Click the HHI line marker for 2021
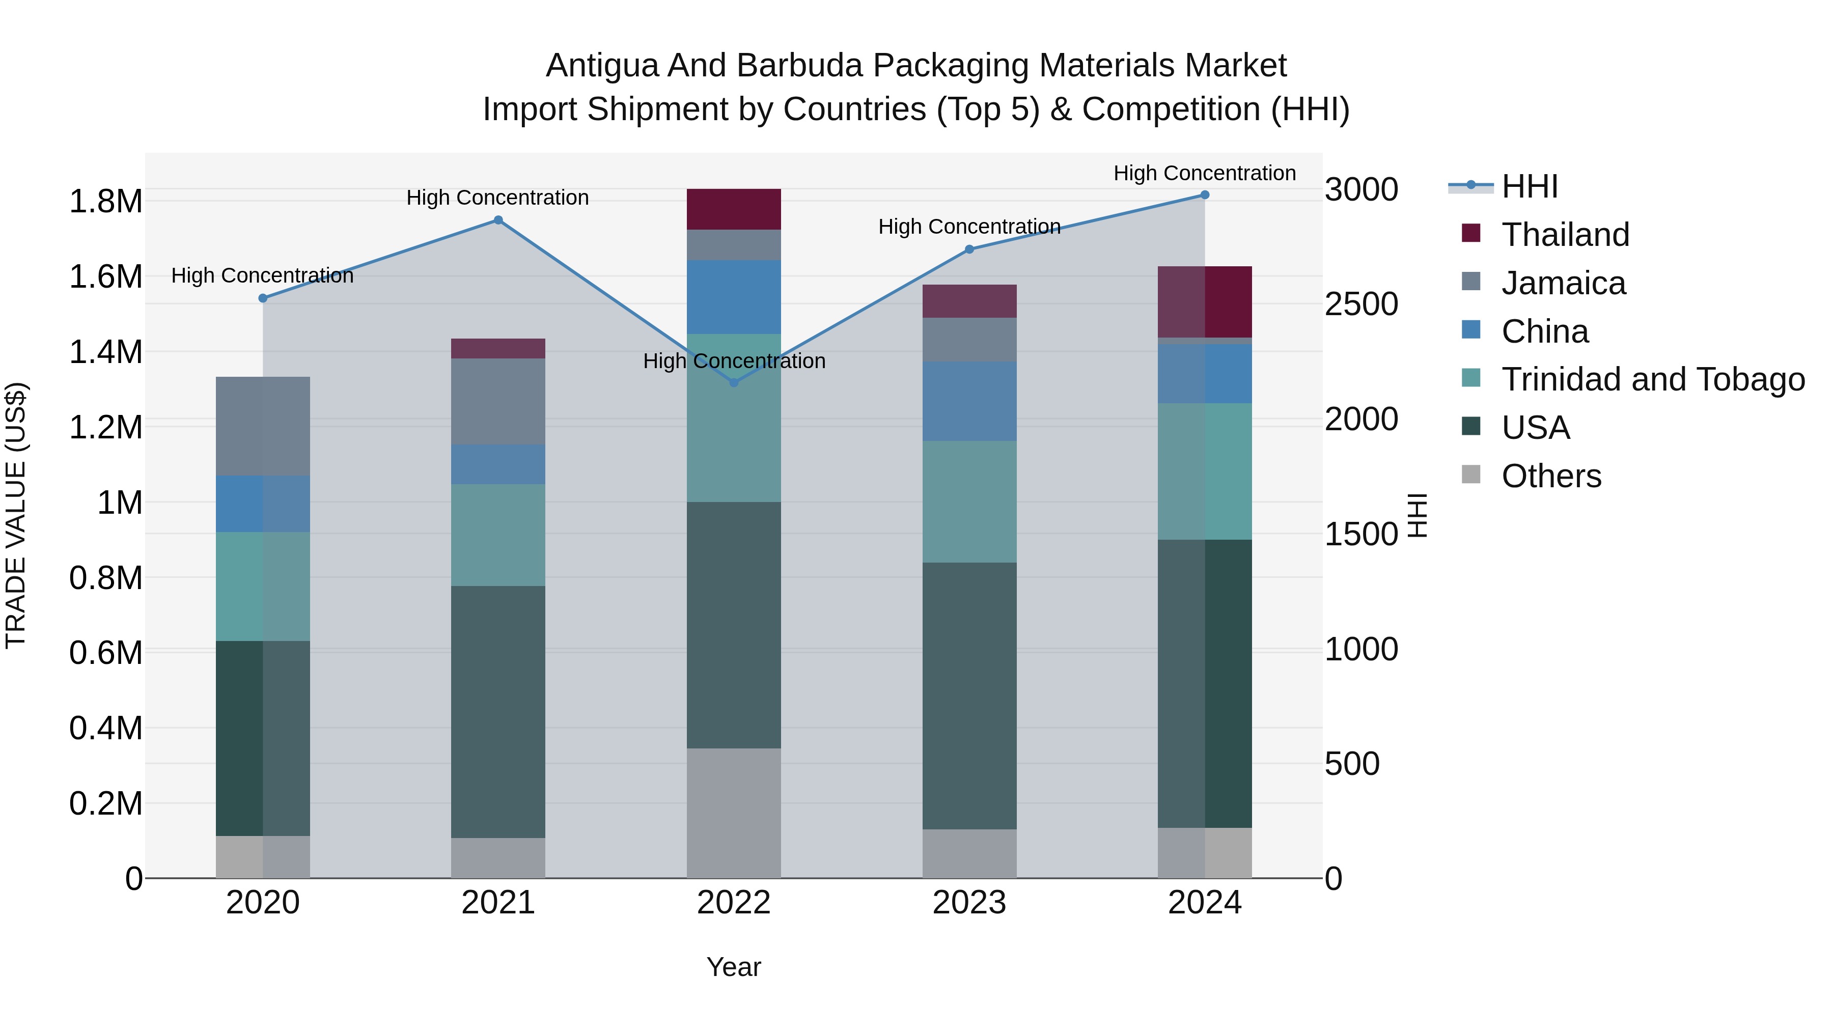pyautogui.click(x=498, y=220)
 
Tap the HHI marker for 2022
pyautogui.click(x=734, y=383)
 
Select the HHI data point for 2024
pyautogui.click(x=1205, y=195)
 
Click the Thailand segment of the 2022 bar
pyautogui.click(x=734, y=209)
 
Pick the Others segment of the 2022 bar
pyautogui.click(x=734, y=813)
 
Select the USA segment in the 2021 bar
pyautogui.click(x=498, y=712)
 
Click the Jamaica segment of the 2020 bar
pyautogui.click(x=263, y=426)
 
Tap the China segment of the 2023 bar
pyautogui.click(x=969, y=401)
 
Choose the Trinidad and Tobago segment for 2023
pyautogui.click(x=969, y=501)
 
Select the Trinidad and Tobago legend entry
pyautogui.click(x=1652, y=379)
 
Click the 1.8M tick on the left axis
pyautogui.click(x=105, y=201)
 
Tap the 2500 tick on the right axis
pyautogui.click(x=1360, y=304)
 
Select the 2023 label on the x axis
pyautogui.click(x=969, y=903)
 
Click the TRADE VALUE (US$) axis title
pyautogui.click(x=16, y=515)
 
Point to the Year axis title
pyautogui.click(x=734, y=967)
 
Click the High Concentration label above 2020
pyautogui.click(x=263, y=275)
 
